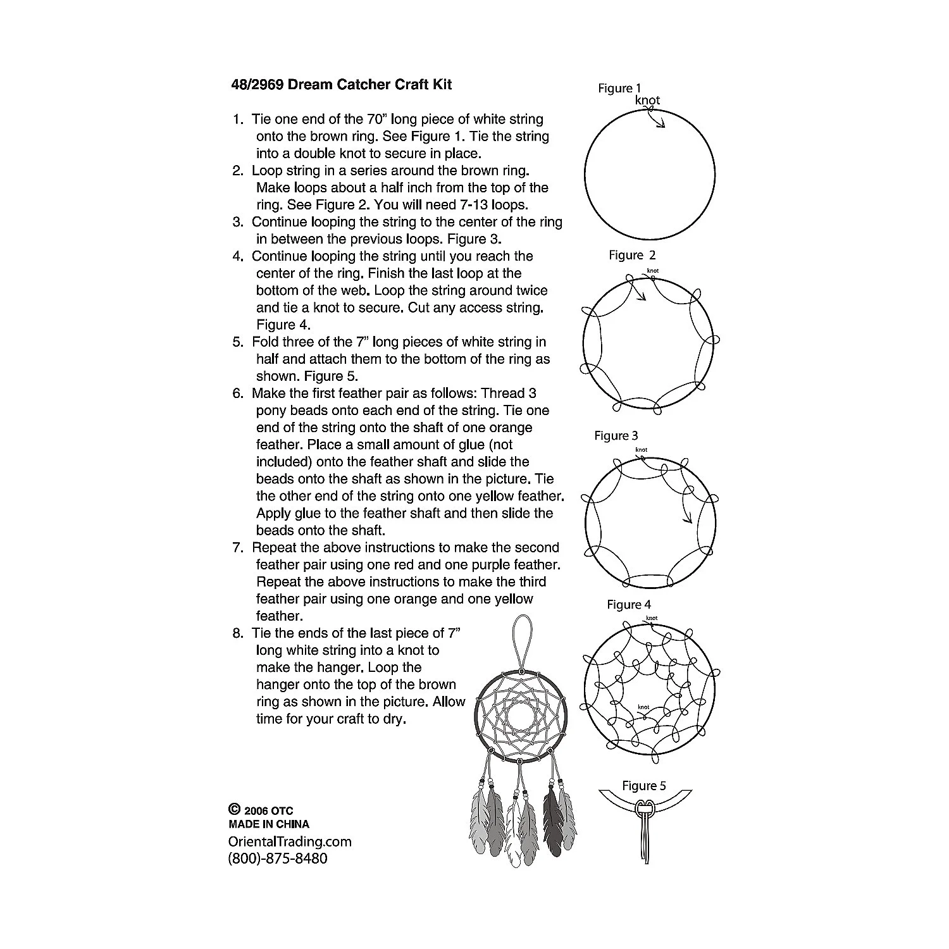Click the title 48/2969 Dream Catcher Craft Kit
pos(342,85)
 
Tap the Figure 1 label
pos(619,89)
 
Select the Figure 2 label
pos(632,255)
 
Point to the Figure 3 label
pos(616,436)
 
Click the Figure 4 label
pos(629,605)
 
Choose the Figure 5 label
pos(644,786)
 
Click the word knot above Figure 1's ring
pos(647,100)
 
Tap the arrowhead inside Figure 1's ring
pos(662,125)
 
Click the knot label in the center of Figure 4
pos(643,707)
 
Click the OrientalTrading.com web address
pos(289,842)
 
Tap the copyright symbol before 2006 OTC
pos(233,809)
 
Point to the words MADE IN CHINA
pos(268,824)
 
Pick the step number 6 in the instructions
pos(238,394)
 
